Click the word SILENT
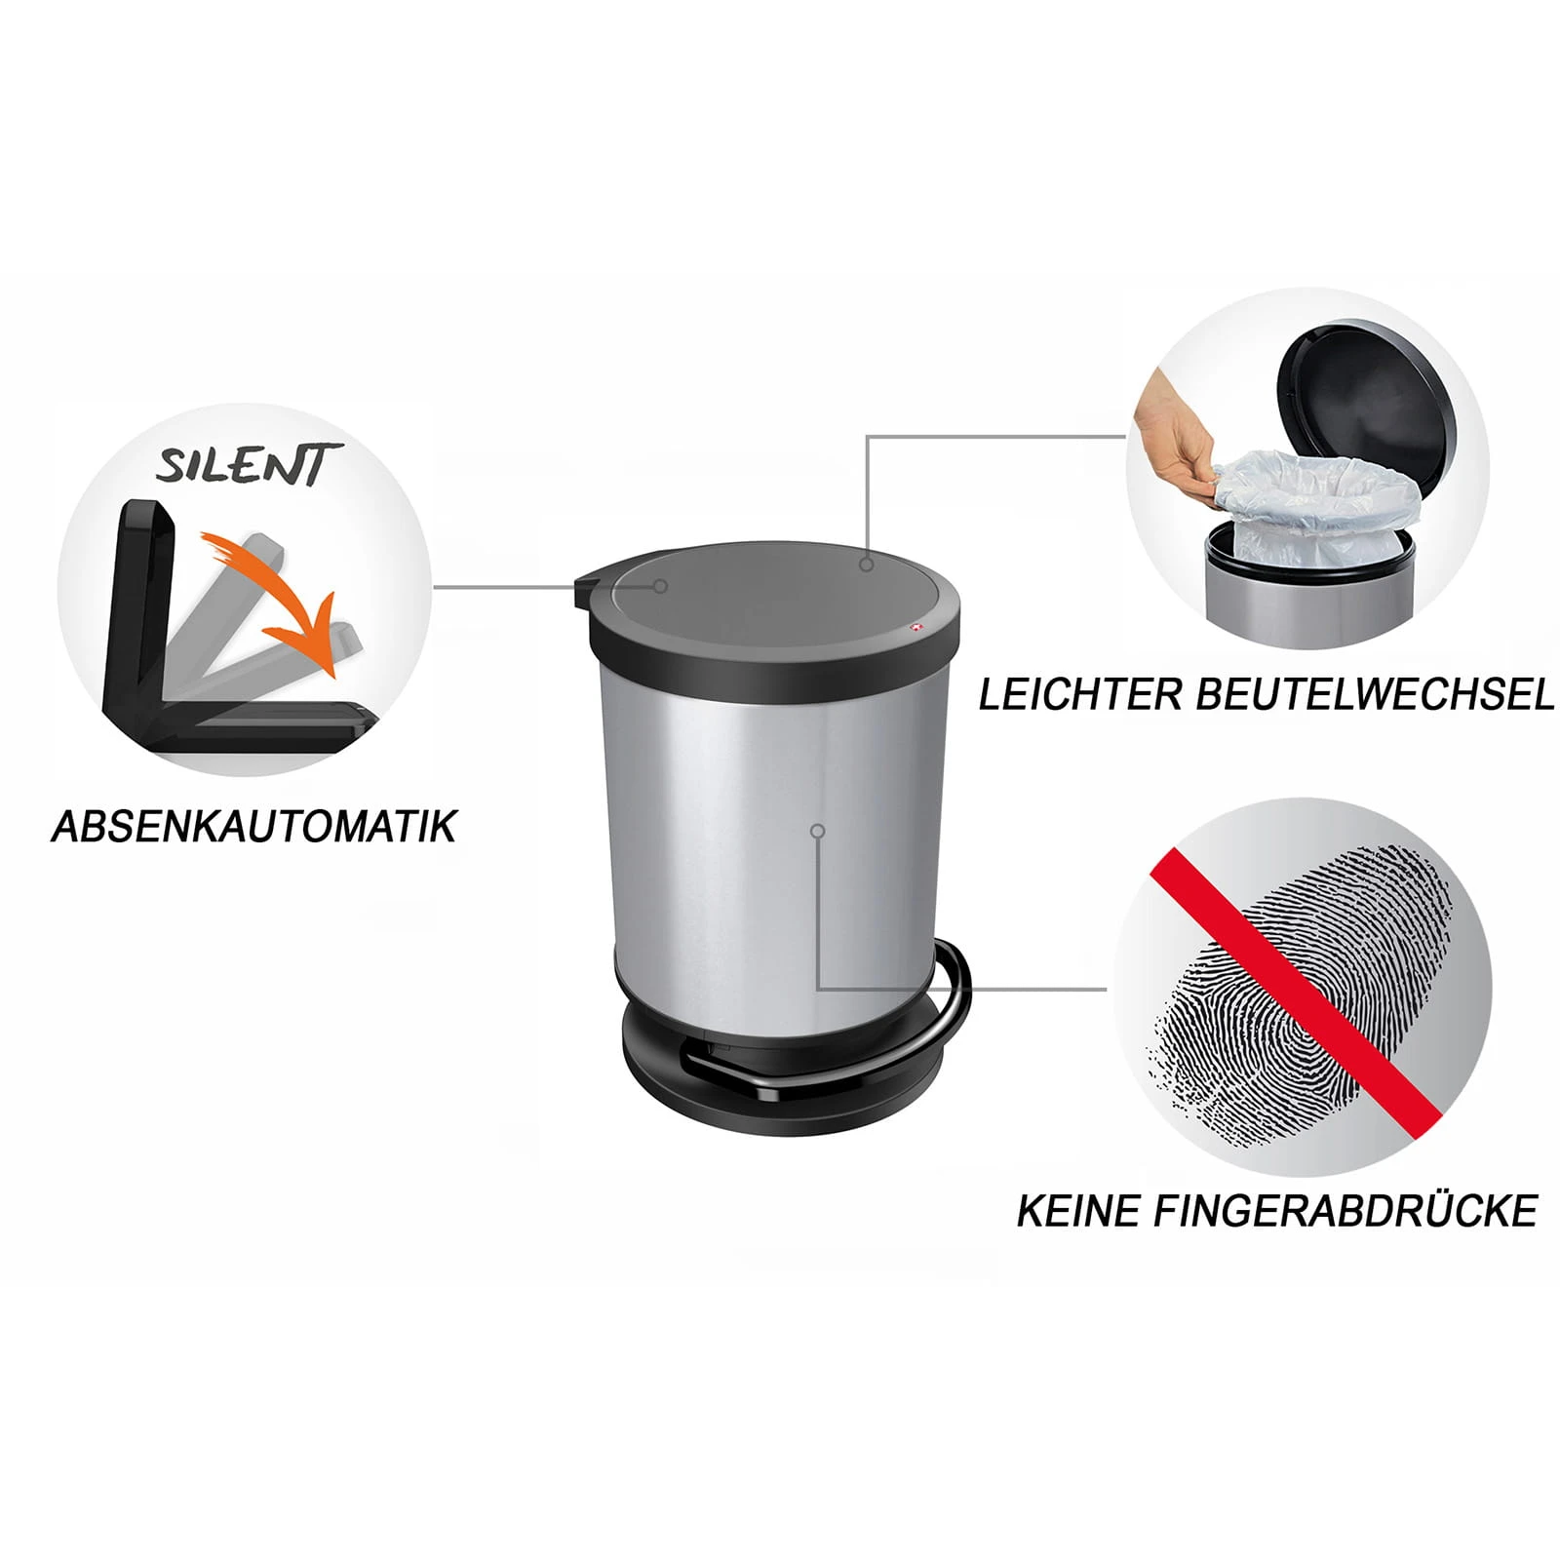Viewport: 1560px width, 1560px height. (x=249, y=464)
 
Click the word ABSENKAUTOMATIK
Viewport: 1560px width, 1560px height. (x=253, y=827)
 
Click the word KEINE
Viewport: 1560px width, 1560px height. (x=1079, y=1211)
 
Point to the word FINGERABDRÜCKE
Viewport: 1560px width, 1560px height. (x=1346, y=1211)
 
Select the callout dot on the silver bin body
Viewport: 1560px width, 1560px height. (x=818, y=831)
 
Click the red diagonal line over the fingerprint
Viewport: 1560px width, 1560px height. (x=1297, y=989)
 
